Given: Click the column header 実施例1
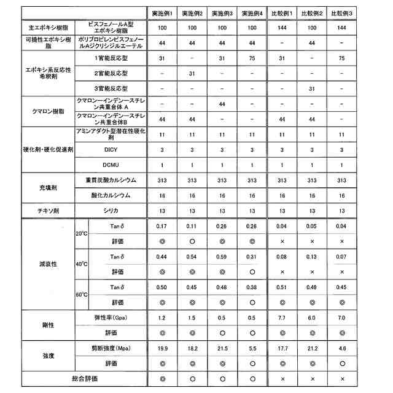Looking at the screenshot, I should pos(163,13).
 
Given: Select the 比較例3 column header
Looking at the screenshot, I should pos(341,13).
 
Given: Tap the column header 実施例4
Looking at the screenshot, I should pos(252,13).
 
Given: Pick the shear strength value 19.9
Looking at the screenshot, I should pos(163,348).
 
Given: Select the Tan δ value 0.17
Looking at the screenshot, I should pos(163,227).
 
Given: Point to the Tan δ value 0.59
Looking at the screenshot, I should pos(222,257).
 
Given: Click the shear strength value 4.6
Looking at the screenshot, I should pos(341,348).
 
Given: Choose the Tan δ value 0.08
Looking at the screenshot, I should pos(282,257).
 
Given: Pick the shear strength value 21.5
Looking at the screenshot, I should pos(222,348).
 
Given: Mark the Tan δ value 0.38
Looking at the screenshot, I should pos(252,287).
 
